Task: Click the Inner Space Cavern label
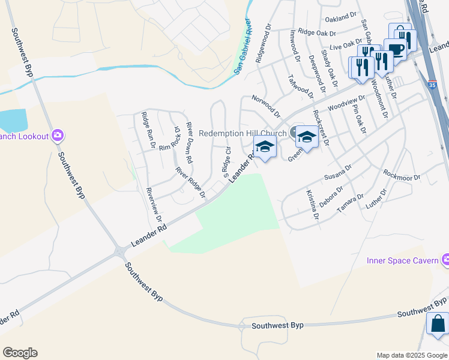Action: click(x=403, y=260)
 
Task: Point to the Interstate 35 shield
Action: click(x=433, y=83)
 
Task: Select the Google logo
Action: click(x=20, y=353)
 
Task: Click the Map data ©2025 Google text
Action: click(x=412, y=355)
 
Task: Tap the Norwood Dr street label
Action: click(x=266, y=105)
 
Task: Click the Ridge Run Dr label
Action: click(x=148, y=130)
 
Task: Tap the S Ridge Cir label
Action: click(x=226, y=162)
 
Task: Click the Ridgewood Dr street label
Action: click(x=265, y=43)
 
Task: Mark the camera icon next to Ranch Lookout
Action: click(x=57, y=136)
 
